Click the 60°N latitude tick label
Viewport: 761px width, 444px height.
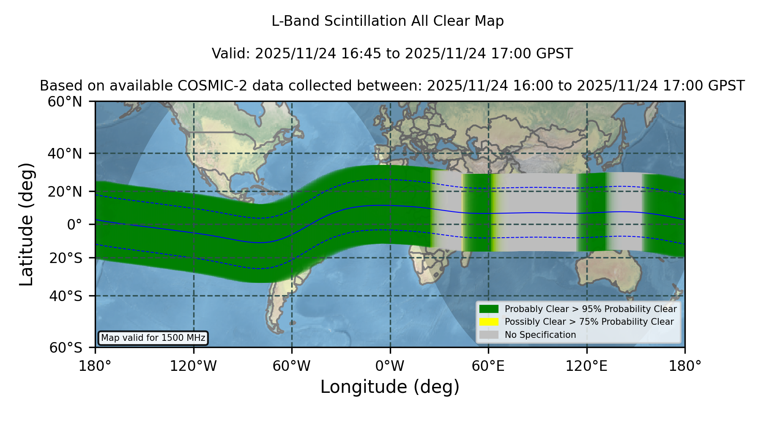65,102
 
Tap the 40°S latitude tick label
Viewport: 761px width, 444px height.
66,296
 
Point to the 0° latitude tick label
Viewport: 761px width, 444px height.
74,225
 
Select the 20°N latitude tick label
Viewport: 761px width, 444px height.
65,192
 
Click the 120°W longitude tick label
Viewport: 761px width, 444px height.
193,366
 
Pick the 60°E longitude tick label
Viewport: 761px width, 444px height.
488,366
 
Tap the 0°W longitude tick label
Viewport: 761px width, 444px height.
390,366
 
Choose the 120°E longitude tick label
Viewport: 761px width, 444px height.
586,366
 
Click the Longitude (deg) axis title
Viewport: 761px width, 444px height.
390,387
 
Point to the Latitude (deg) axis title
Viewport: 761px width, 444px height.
26,224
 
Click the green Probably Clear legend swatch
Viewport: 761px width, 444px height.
489,309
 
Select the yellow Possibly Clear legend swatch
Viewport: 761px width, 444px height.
489,322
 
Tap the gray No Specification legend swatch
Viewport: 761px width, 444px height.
489,335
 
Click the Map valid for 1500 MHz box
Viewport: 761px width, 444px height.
153,338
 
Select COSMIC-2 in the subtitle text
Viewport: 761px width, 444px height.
208,86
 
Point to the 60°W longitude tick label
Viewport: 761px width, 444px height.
291,366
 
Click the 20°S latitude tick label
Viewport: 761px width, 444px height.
66,258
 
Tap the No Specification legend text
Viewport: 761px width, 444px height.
540,335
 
